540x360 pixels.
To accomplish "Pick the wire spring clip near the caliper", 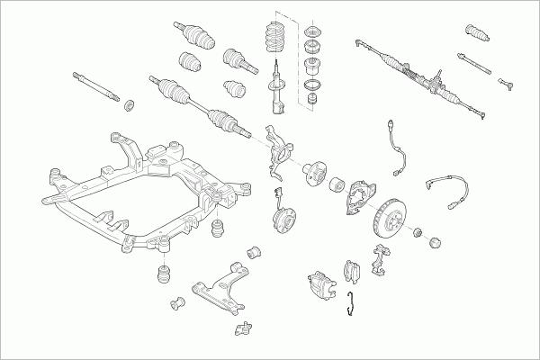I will [x=354, y=305].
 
